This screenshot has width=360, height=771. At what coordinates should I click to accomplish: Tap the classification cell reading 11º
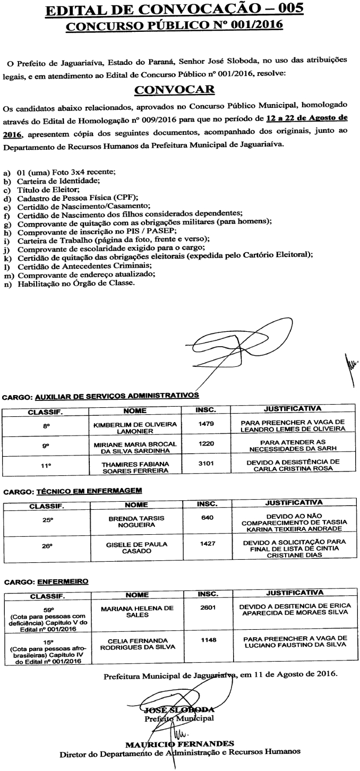[46, 466]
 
